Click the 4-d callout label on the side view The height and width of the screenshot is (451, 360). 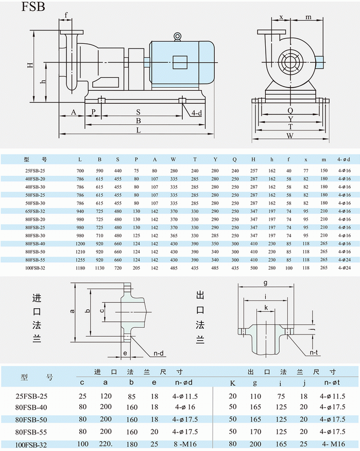tap(196, 113)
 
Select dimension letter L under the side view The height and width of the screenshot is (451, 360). tap(139, 131)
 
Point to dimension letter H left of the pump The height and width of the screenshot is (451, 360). tap(30, 65)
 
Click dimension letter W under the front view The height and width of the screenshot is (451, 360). tap(290, 136)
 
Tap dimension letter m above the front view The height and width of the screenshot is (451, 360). tap(308, 18)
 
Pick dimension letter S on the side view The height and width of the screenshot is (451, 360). tap(138, 112)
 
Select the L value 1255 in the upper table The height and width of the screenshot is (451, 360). tap(80, 260)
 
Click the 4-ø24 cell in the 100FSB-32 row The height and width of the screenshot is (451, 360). tap(344, 268)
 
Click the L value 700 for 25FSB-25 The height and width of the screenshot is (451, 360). tap(80, 170)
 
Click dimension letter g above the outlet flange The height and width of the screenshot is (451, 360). tap(265, 282)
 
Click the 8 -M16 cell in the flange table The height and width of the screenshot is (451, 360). tap(183, 444)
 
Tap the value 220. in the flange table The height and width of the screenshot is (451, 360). tap(106, 444)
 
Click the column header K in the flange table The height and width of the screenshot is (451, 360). tap(232, 382)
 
